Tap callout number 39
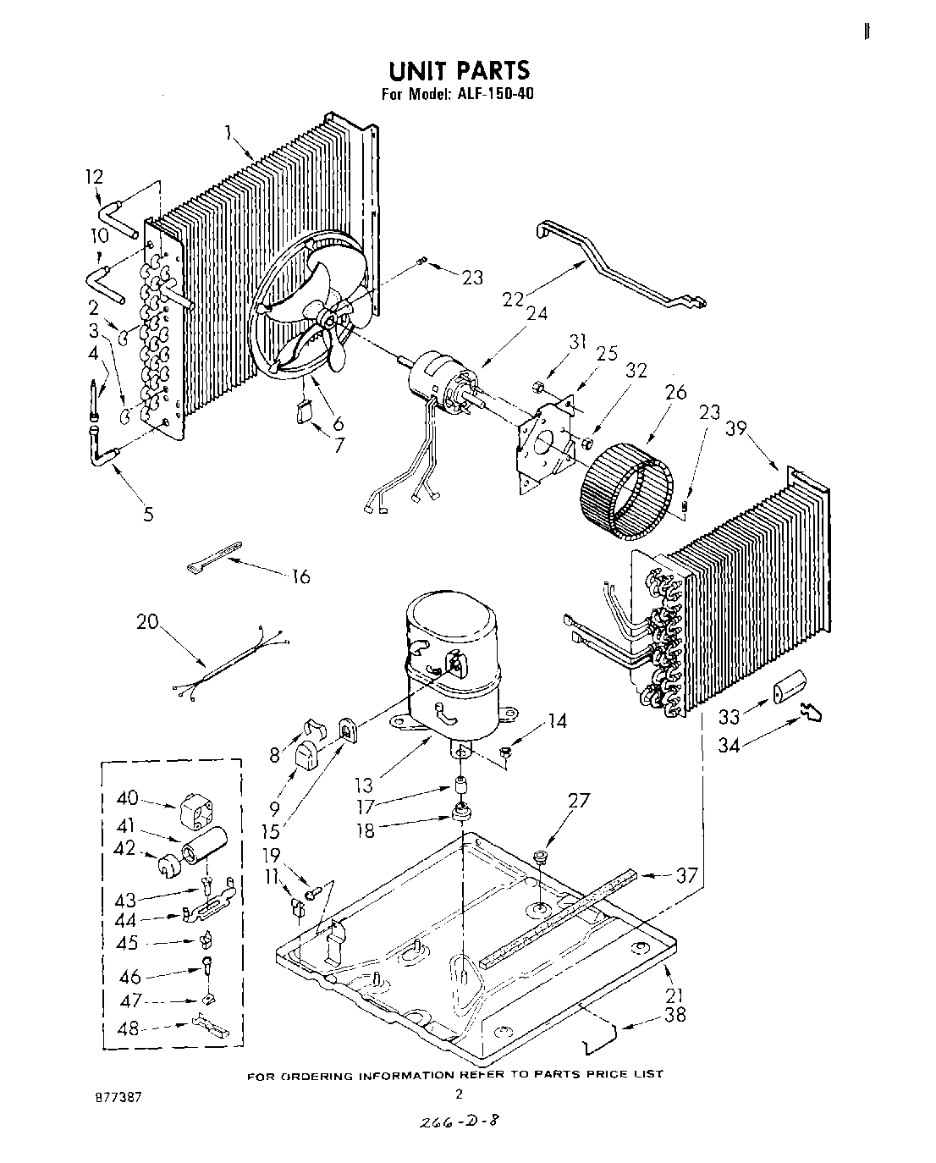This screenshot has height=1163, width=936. pyautogui.click(x=735, y=429)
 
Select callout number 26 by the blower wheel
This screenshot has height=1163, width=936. pyautogui.click(x=675, y=394)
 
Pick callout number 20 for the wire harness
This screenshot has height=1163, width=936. pyautogui.click(x=147, y=621)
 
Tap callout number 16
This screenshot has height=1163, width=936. pyautogui.click(x=300, y=576)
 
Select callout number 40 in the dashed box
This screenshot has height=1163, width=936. pyautogui.click(x=127, y=798)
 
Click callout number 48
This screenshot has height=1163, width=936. pyautogui.click(x=128, y=1030)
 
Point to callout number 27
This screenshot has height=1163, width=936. pyautogui.click(x=579, y=800)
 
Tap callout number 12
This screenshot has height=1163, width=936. pyautogui.click(x=94, y=176)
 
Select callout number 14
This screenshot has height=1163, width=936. pyautogui.click(x=556, y=721)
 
